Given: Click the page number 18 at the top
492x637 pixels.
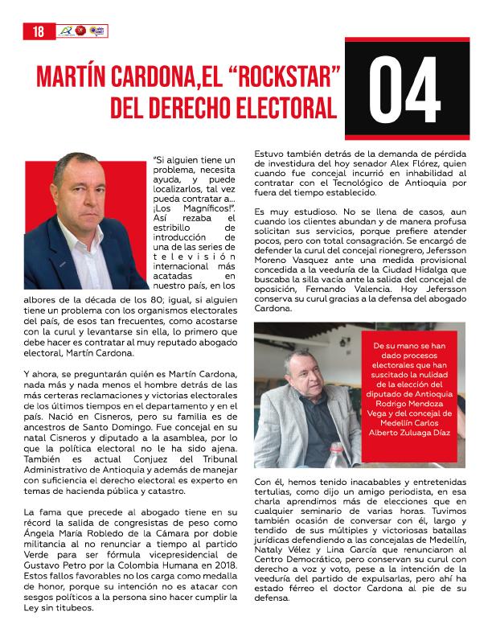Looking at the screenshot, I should [38, 31].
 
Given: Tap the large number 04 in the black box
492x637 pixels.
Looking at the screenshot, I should [406, 88].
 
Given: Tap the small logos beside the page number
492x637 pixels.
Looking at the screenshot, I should [82, 31].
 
